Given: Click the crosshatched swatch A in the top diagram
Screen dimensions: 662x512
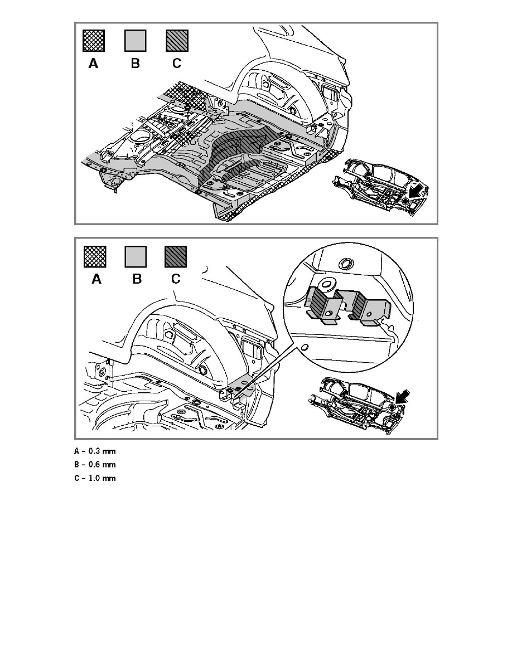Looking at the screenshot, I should click(x=93, y=41).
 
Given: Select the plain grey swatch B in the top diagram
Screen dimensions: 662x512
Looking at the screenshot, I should click(x=135, y=41).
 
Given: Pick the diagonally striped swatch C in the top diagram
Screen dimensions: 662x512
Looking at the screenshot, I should click(x=177, y=41).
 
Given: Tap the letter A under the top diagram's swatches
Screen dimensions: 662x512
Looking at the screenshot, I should click(x=93, y=64).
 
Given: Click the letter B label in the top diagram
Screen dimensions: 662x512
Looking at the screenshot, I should click(x=135, y=64).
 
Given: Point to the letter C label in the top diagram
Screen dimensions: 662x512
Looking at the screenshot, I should click(x=177, y=64).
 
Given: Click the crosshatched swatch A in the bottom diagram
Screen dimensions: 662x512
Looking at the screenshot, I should click(x=93, y=256).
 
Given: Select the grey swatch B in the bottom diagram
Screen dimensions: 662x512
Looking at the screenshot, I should click(x=135, y=256).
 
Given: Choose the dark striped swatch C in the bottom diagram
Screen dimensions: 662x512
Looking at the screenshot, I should click(x=176, y=256).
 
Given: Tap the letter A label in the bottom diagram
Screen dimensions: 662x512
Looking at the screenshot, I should click(x=96, y=279).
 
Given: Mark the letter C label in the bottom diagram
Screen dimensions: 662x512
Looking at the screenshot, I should click(x=176, y=279).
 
